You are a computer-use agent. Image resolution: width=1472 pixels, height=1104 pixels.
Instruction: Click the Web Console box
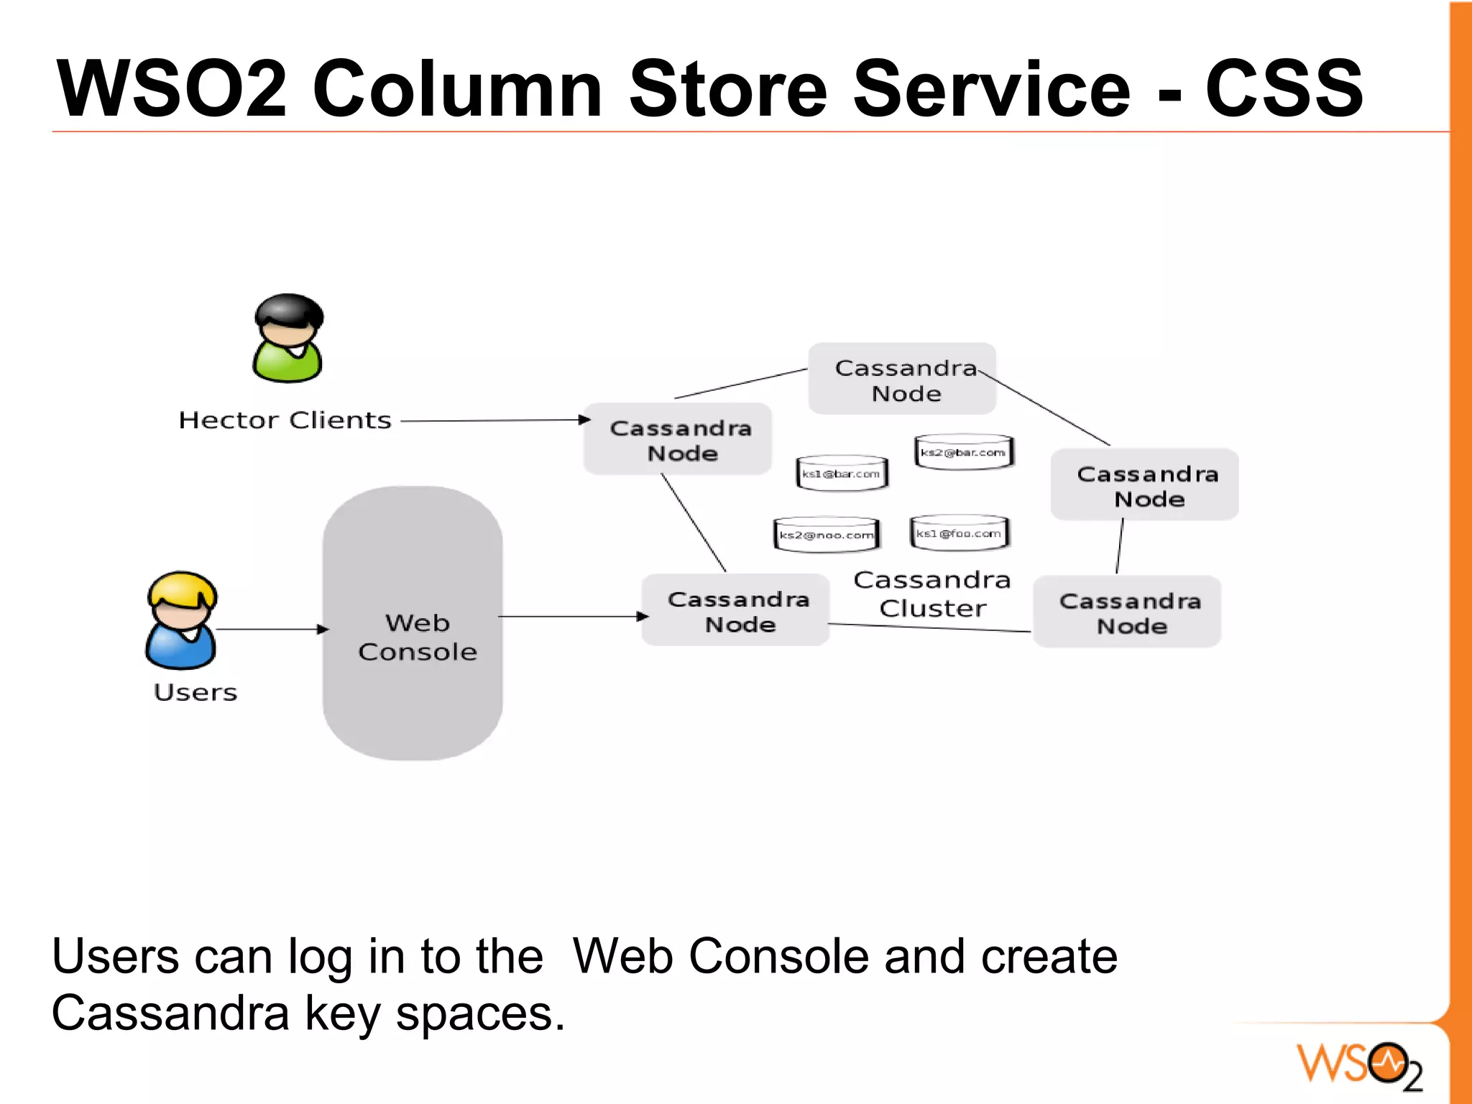413,622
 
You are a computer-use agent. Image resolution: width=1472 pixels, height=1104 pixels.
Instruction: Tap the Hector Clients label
285,420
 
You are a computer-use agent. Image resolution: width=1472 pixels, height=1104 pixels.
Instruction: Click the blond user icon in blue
181,620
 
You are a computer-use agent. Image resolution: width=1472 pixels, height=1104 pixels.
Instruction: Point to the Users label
195,692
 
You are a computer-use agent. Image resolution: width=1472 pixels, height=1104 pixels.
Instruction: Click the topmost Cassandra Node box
902,379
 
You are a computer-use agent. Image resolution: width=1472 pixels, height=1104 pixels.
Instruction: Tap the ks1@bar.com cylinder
842,474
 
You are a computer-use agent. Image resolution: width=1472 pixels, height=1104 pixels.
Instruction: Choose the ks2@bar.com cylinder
963,452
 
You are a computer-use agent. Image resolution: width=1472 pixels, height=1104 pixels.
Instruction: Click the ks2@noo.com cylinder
827,535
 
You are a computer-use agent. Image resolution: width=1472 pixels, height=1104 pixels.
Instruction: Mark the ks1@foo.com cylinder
959,533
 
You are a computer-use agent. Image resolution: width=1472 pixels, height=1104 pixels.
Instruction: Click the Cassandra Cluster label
932,594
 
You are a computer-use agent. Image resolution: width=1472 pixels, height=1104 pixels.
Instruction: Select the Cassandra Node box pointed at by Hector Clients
678,439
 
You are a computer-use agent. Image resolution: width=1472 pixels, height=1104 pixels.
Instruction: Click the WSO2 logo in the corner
1359,1065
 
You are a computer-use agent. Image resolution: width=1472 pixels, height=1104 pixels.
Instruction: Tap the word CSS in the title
1284,88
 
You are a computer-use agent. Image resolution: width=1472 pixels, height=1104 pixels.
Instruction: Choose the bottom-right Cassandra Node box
1127,612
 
